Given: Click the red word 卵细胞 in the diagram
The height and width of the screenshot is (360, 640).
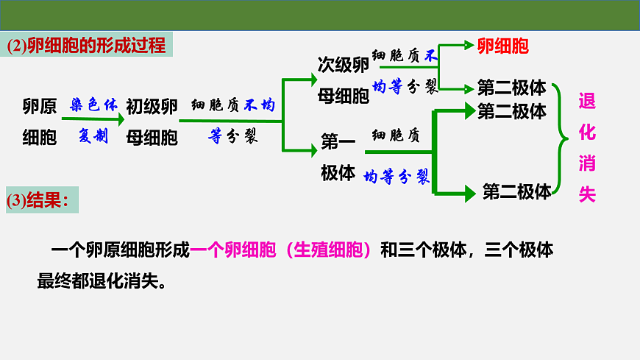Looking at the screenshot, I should (503, 46).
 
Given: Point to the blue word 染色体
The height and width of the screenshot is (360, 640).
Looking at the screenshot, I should (94, 105).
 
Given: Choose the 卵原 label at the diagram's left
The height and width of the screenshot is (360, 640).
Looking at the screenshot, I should (40, 107).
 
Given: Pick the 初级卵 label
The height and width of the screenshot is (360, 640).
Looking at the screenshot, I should (152, 107).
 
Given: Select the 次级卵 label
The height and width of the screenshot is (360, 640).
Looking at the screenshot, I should (343, 65).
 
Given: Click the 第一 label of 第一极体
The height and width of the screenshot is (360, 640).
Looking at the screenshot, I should (338, 142).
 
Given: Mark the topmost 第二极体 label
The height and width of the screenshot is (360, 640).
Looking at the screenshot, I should (511, 87).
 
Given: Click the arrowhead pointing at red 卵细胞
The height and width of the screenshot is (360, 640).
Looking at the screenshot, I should (469, 45).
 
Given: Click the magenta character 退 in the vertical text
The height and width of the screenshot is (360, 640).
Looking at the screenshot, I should (587, 101).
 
